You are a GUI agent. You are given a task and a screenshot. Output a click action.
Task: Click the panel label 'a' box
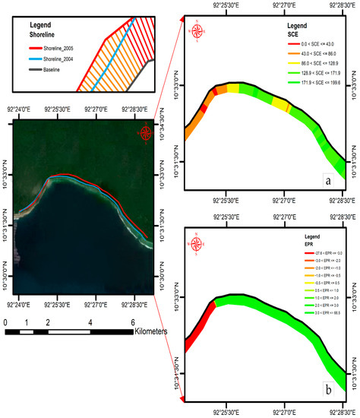(327, 182)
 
